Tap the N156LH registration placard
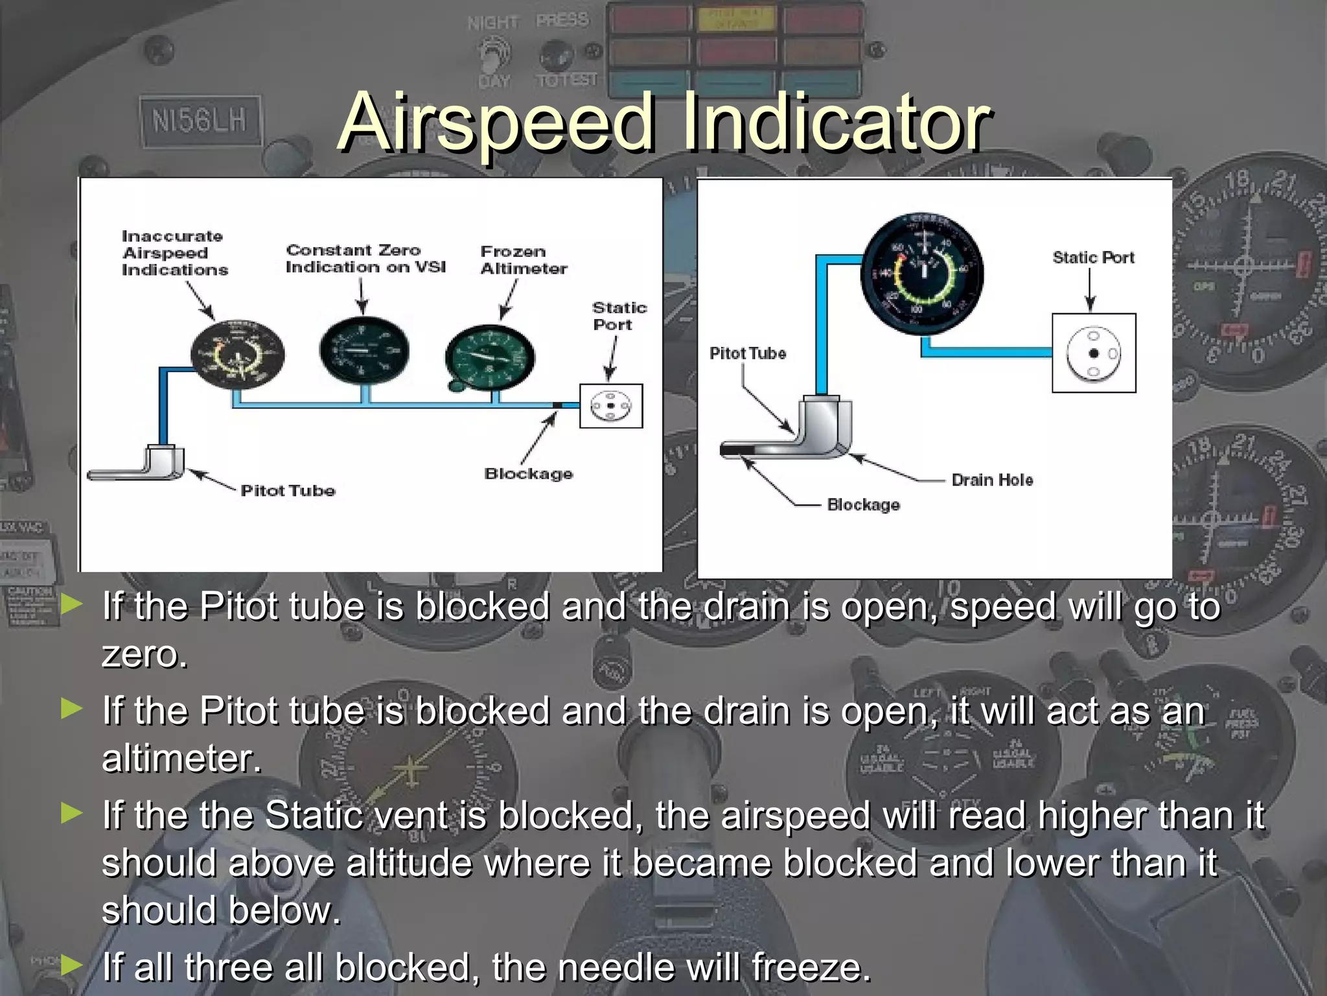(x=200, y=121)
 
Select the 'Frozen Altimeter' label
(x=524, y=260)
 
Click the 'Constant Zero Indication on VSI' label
(x=365, y=259)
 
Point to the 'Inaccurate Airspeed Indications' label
(x=175, y=254)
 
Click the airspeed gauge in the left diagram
(x=237, y=354)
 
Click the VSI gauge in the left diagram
(x=364, y=351)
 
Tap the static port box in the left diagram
(x=611, y=406)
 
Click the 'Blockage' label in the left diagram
(x=529, y=474)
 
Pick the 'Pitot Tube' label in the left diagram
(x=288, y=491)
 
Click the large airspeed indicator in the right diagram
(x=922, y=273)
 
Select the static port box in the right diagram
(x=1094, y=353)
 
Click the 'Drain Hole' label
(x=992, y=480)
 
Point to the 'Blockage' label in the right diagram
(x=863, y=505)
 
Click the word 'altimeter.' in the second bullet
(x=181, y=759)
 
